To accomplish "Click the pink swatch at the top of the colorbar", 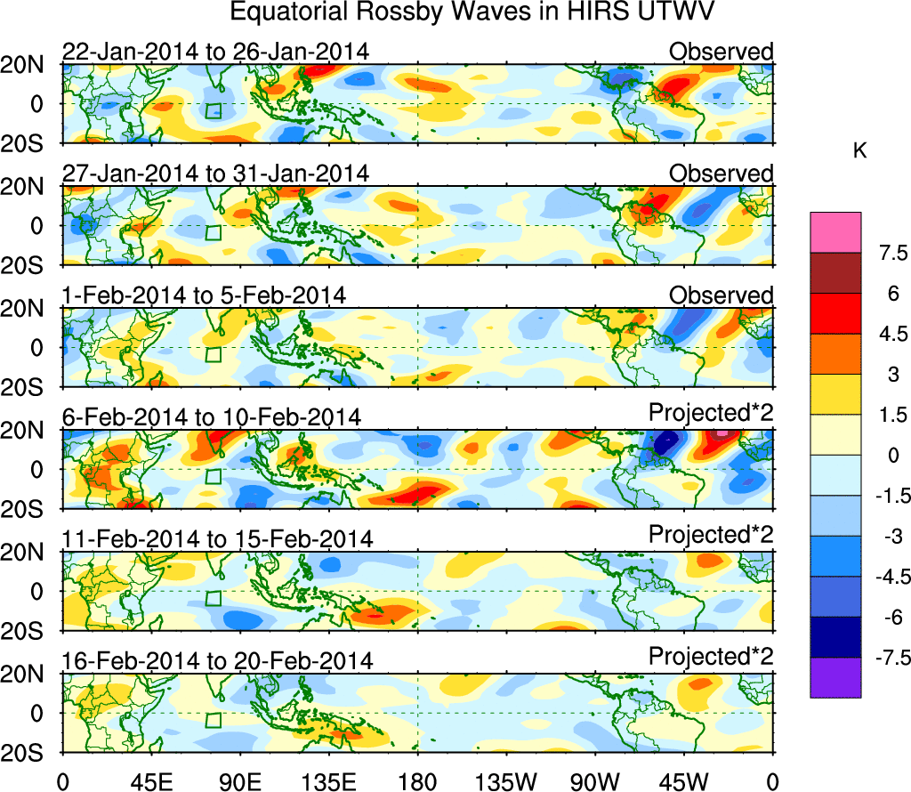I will point(835,232).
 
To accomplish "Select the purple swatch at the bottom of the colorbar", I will point(835,677).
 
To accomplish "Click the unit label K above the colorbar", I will point(859,151).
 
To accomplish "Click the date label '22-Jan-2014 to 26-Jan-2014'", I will point(215,53).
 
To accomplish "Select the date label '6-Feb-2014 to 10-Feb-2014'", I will point(212,417).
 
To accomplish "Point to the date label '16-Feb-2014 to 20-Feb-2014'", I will point(217,661).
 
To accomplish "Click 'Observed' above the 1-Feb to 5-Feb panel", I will point(721,295).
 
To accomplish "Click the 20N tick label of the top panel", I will point(30,65).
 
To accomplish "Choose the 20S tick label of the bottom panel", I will point(30,753).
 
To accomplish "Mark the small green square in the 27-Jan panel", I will point(213,232).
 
